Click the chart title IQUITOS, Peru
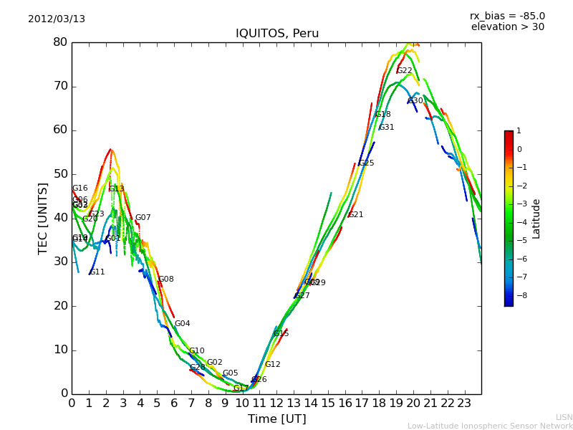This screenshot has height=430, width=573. point(277,34)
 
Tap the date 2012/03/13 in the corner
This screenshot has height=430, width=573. point(57,19)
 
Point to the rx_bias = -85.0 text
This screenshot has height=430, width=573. point(507,16)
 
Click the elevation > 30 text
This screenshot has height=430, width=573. point(507,27)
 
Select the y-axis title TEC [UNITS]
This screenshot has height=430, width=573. point(43,218)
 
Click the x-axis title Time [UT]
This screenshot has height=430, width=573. point(276,419)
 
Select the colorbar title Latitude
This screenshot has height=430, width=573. point(536,219)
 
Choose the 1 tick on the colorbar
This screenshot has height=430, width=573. point(519,131)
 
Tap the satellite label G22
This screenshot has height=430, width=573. point(404,71)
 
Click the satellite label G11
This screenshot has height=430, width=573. point(97,272)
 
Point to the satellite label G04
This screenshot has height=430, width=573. point(183,324)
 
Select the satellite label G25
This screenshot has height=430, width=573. point(367,163)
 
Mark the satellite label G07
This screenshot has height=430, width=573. point(143,218)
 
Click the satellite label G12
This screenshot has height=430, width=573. point(273,365)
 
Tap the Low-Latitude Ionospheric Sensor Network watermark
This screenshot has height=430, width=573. point(490,426)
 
